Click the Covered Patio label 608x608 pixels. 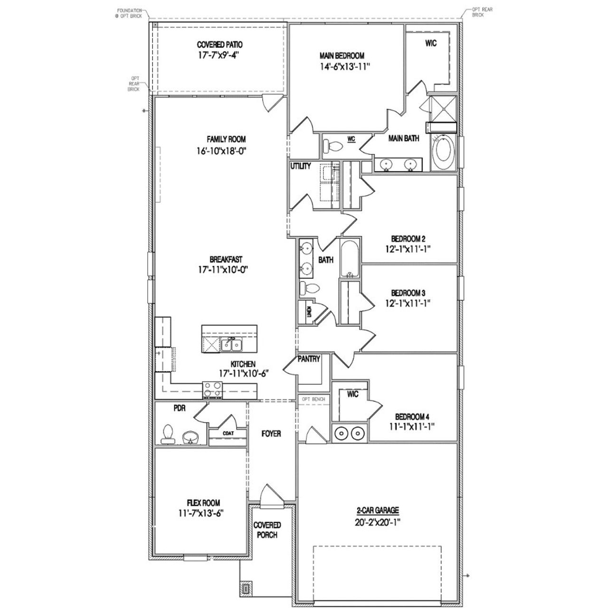[x=219, y=45]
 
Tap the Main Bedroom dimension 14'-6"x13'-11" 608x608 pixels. [x=345, y=67]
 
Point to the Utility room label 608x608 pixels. [x=301, y=166]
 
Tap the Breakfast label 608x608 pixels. [x=226, y=260]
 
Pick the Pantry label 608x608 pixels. [x=309, y=359]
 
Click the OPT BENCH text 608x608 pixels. [x=313, y=399]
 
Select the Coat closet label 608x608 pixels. [x=228, y=433]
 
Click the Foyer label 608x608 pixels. [x=271, y=434]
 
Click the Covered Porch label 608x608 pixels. [x=267, y=530]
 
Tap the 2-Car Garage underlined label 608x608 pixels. [x=378, y=511]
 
